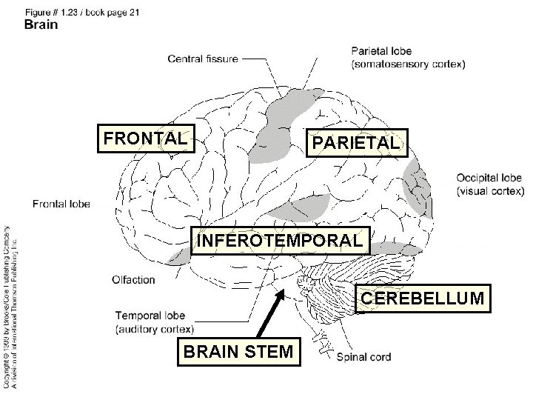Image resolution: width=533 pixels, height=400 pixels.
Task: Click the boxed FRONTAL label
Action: [146, 138]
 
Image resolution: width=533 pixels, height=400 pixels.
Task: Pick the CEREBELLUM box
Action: [423, 298]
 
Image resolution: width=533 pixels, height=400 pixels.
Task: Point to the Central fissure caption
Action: [203, 59]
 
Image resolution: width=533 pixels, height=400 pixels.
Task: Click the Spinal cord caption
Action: [363, 357]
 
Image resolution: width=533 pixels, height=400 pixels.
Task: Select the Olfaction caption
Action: [133, 279]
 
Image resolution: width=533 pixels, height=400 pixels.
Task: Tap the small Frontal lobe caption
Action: [61, 203]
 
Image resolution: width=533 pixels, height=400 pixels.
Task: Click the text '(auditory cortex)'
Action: [155, 328]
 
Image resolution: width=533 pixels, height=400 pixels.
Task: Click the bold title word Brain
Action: [41, 24]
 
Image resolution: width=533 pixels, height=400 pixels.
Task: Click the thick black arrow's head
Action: [281, 296]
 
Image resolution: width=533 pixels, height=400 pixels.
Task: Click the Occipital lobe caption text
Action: [489, 178]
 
